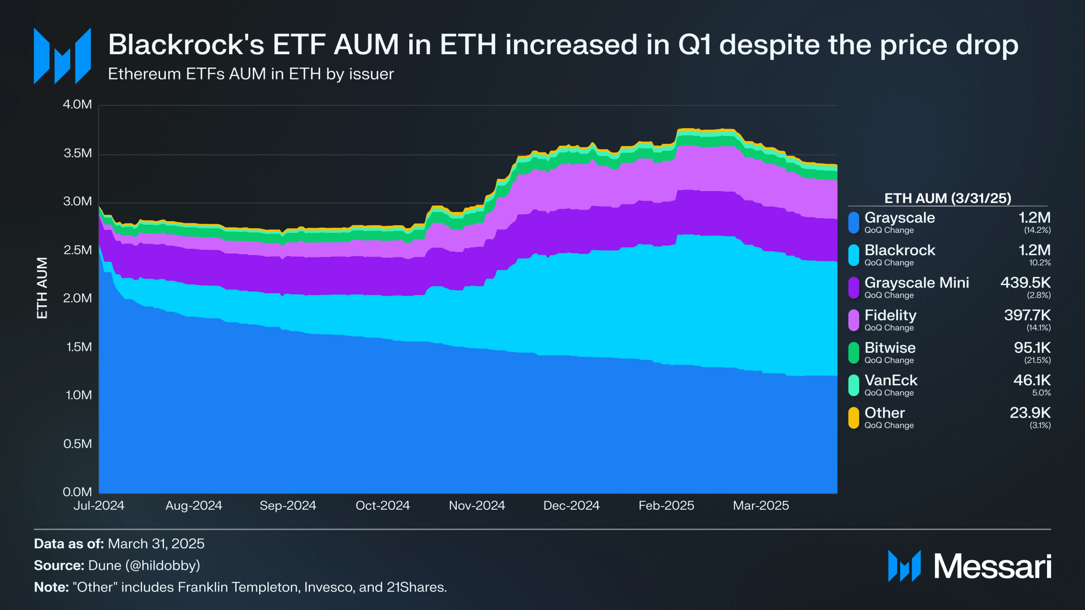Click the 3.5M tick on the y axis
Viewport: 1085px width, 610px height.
(77, 153)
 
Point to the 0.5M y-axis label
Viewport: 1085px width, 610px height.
(77, 444)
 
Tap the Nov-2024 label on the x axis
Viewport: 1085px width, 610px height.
(477, 505)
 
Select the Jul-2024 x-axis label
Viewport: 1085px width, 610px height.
(99, 505)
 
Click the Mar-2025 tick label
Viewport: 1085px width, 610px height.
(761, 505)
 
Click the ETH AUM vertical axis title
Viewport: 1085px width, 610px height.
(42, 288)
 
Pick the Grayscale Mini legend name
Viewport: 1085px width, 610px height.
(916, 282)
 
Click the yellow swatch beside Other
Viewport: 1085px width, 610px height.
(854, 418)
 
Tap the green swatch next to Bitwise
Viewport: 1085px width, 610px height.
(854, 353)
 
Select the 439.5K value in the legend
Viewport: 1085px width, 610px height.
(1025, 282)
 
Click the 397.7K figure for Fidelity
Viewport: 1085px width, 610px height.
(1027, 315)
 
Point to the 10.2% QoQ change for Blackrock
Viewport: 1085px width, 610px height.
(1039, 263)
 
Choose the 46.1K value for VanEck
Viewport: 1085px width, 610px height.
(1032, 380)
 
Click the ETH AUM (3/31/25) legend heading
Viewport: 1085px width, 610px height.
(947, 198)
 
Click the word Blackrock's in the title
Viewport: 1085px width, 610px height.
(186, 45)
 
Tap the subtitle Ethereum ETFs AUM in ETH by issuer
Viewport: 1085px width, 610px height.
(251, 74)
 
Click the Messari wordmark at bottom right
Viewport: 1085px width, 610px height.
(992, 566)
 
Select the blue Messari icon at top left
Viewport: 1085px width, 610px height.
(62, 56)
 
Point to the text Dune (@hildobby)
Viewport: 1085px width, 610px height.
(144, 565)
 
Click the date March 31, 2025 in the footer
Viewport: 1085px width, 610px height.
(156, 544)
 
